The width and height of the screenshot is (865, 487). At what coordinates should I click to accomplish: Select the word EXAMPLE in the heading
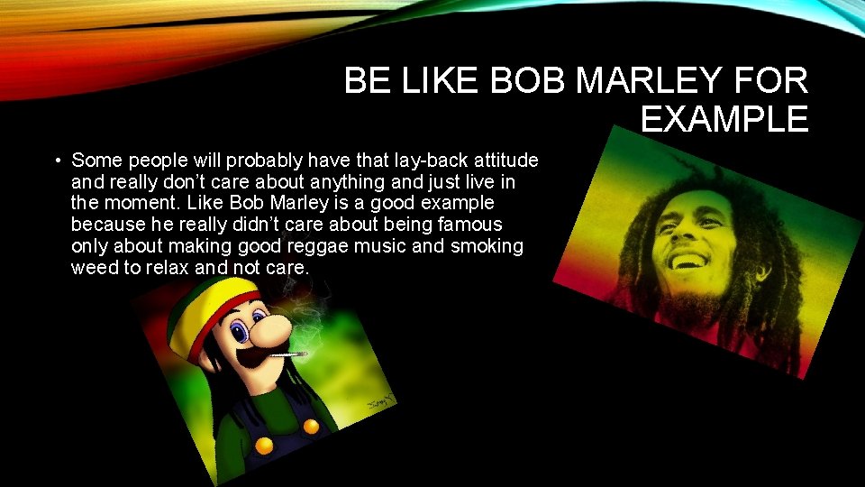(724, 119)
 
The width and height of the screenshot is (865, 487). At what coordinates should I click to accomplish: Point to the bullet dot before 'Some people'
(56, 161)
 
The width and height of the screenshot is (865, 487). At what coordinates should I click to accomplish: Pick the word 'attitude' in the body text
(501, 161)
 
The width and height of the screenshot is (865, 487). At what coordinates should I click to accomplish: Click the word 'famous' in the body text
(469, 225)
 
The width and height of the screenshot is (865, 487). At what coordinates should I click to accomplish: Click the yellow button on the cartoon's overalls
(264, 445)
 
